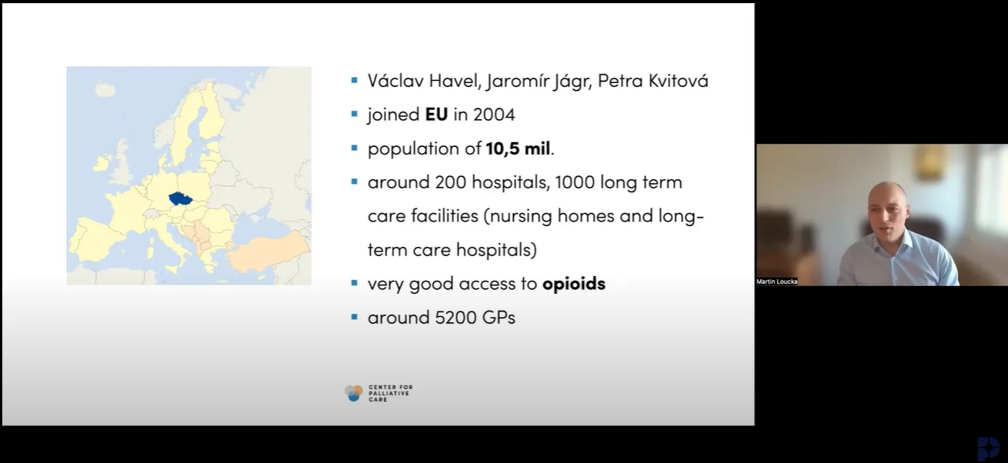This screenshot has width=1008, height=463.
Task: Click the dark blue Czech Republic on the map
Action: (181, 198)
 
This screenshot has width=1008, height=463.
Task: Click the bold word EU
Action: (436, 115)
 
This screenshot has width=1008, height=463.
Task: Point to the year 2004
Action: (494, 115)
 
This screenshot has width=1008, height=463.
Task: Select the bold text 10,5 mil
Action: (518, 148)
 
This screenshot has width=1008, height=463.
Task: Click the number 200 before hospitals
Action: (451, 182)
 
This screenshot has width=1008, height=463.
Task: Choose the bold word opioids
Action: (574, 284)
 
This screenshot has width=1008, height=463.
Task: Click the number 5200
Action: (456, 318)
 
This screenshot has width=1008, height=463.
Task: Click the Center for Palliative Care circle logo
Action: (354, 393)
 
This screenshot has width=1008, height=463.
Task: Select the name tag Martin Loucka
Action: (776, 281)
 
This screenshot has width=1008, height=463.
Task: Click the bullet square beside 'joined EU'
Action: (354, 115)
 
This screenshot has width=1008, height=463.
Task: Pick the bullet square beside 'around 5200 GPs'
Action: (354, 317)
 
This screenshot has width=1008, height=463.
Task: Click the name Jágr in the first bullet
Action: (572, 82)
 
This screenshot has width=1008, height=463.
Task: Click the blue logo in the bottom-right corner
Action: (988, 448)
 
